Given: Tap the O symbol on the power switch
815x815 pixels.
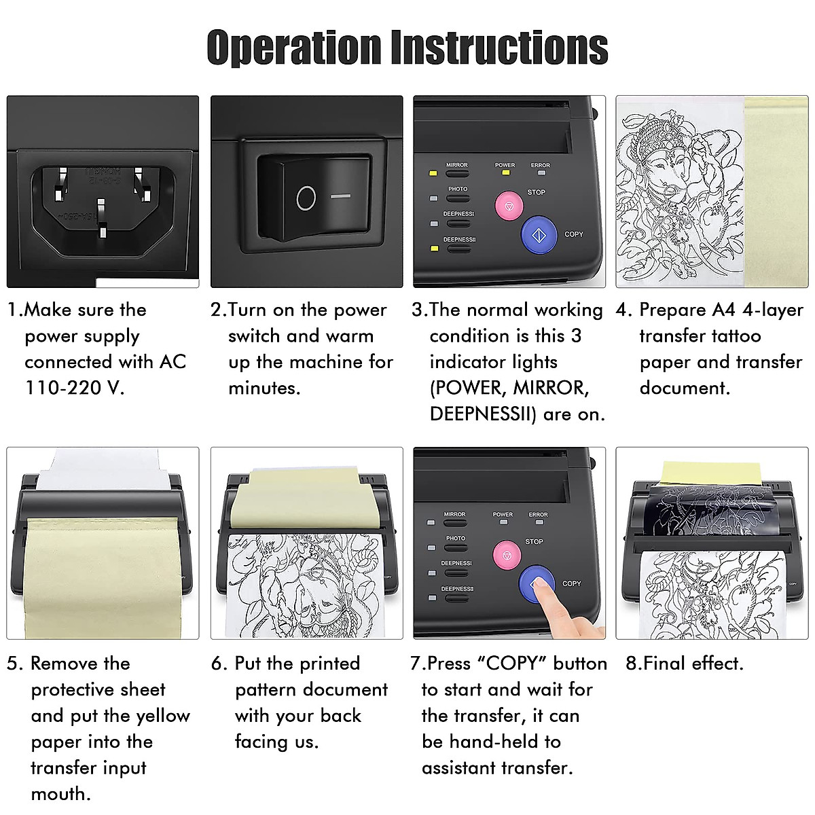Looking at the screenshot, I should (x=306, y=198).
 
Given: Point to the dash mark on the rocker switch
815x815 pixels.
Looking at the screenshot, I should (x=341, y=196).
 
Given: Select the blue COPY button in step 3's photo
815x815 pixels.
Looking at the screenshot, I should (x=539, y=235).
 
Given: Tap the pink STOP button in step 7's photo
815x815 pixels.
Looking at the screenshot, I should (x=507, y=556).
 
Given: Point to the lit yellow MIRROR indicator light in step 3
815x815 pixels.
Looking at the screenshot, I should (x=432, y=174).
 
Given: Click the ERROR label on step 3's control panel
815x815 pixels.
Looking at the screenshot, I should (x=541, y=165).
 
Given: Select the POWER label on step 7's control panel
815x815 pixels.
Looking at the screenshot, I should (x=503, y=515).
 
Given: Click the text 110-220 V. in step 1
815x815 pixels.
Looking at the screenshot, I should (x=75, y=388).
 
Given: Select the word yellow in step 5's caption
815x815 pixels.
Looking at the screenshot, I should (x=163, y=716).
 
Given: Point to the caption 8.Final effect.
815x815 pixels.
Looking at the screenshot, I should (x=684, y=664).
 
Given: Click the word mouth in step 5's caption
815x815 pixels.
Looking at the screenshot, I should (x=59, y=794).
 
